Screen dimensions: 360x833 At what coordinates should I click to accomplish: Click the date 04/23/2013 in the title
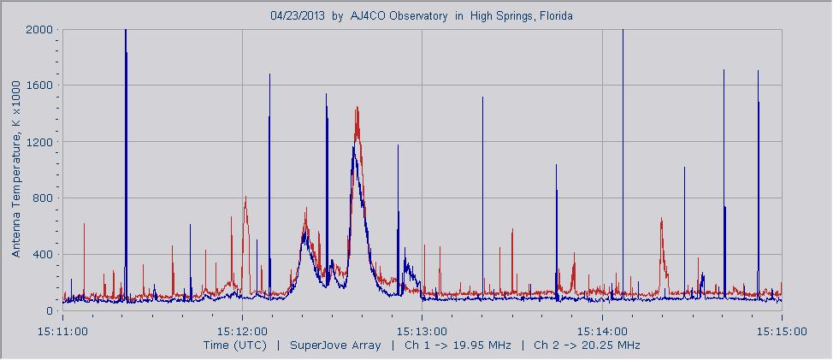pyautogui.click(x=298, y=16)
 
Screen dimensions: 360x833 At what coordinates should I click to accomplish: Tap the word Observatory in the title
pyautogui.click(x=417, y=16)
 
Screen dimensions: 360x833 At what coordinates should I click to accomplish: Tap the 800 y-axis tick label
pyautogui.click(x=44, y=198)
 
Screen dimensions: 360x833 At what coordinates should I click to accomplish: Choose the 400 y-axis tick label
pyautogui.click(x=44, y=255)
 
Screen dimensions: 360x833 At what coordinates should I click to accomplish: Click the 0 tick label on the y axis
pyautogui.click(x=50, y=311)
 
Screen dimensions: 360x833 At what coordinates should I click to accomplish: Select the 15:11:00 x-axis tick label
pyautogui.click(x=62, y=329)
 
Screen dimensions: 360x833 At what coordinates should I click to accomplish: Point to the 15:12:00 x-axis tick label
pyautogui.click(x=242, y=329)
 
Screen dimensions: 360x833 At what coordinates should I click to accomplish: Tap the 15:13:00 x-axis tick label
pyautogui.click(x=422, y=329)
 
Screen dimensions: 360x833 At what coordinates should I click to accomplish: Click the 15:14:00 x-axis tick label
pyautogui.click(x=602, y=329)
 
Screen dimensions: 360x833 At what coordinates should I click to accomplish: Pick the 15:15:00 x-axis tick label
pyautogui.click(x=781, y=329)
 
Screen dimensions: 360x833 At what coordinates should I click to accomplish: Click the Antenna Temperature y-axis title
pyautogui.click(x=15, y=171)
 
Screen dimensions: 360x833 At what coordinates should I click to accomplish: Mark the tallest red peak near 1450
pyautogui.click(x=357, y=108)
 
